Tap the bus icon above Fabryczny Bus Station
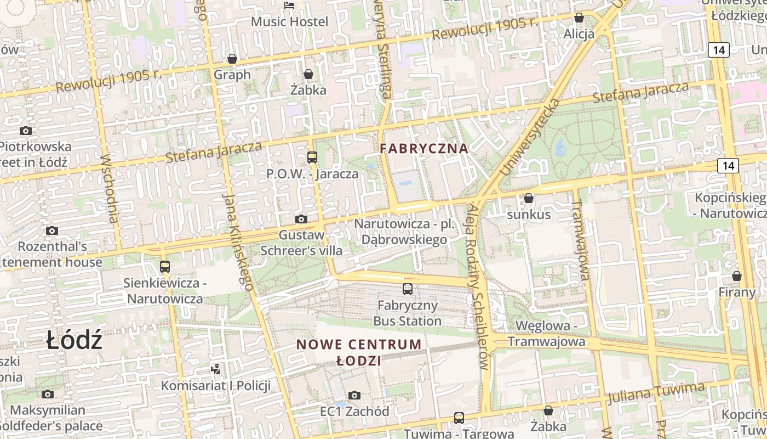408,289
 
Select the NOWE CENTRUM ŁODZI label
359,352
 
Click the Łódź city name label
74,340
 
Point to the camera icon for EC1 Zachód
354,395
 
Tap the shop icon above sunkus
529,198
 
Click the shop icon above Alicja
579,18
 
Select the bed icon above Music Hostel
289,6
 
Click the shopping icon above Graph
232,59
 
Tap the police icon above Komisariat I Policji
216,369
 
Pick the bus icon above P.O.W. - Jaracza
312,157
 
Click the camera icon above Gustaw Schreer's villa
301,219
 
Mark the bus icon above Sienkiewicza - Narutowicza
164,267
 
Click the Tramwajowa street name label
580,240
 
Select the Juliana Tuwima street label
656,393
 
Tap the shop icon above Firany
737,276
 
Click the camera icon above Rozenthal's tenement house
52,230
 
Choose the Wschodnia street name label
110,188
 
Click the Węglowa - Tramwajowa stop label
546,334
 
